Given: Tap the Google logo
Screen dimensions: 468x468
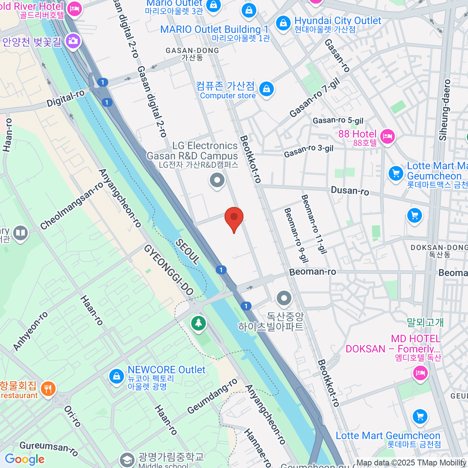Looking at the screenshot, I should click(x=25, y=459).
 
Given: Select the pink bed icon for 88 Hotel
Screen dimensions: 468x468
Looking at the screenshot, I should click(x=387, y=136).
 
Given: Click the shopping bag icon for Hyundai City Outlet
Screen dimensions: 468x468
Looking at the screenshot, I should click(x=283, y=23).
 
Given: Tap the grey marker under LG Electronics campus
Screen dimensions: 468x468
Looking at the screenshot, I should click(x=217, y=180).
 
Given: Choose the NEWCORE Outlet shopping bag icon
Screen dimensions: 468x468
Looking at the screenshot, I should click(x=116, y=376).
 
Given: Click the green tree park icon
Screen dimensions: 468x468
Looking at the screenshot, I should click(x=199, y=323).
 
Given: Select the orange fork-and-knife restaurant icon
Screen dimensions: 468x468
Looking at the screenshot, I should click(x=48, y=389).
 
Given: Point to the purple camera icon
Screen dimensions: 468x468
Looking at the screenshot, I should click(x=73, y=41).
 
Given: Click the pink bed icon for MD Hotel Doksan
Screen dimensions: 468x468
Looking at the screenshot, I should click(x=420, y=373).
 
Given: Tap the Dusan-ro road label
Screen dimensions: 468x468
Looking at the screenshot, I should click(x=350, y=191).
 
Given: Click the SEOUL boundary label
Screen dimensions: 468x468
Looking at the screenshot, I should click(x=188, y=252).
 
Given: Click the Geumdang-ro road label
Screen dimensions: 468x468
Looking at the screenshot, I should click(x=212, y=396).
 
